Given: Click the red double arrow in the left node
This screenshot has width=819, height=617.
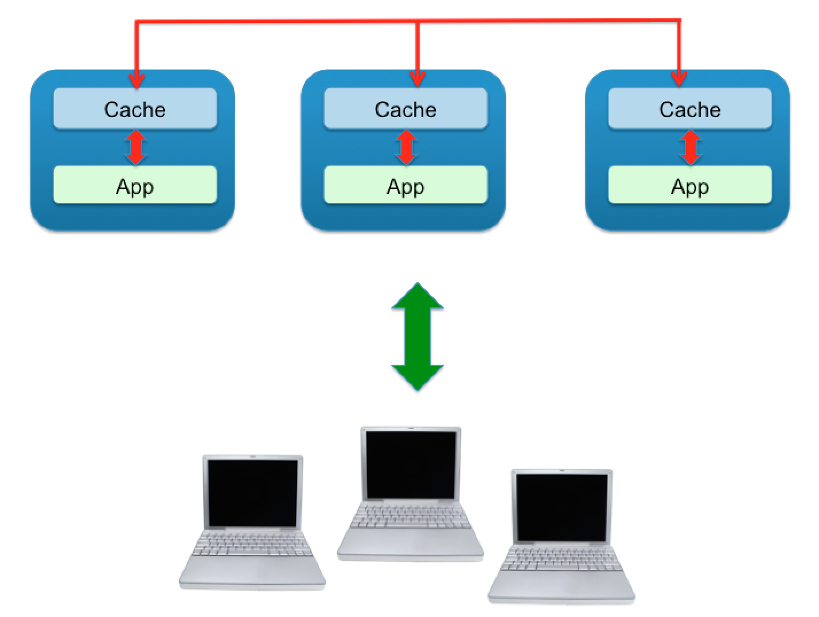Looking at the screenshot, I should pos(135,147).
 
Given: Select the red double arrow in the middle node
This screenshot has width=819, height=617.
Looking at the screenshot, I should pos(406,147).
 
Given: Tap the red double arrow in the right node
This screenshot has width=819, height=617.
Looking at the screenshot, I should pos(691,147).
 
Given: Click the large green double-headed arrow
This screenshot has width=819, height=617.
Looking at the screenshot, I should pos(417,337).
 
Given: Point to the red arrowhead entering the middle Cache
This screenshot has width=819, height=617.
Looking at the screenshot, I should pos(418,80).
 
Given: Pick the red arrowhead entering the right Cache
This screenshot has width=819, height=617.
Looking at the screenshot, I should pos(680,80).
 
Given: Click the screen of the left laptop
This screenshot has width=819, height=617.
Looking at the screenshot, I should pos(252,493).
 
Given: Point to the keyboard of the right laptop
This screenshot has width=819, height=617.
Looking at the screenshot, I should pos(561,560).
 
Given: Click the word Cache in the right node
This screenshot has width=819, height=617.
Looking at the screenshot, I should pos(689,109).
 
